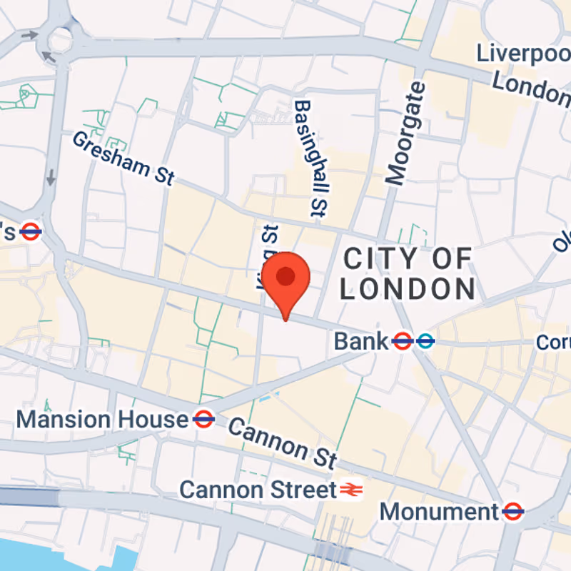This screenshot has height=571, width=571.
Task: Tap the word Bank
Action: click(361, 341)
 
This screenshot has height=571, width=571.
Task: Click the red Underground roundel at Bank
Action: click(402, 341)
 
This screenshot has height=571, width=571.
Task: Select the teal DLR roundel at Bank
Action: click(425, 341)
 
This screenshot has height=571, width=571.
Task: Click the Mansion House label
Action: click(101, 419)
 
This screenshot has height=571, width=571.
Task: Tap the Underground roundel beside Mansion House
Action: click(203, 419)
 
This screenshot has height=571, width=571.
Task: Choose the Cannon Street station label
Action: click(258, 490)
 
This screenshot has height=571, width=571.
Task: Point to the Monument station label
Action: click(438, 511)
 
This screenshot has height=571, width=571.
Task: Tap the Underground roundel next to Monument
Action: click(512, 511)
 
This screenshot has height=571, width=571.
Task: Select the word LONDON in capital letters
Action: click(408, 289)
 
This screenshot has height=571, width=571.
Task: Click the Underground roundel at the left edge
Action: click(30, 231)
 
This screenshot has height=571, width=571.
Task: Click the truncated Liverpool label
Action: click(525, 54)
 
